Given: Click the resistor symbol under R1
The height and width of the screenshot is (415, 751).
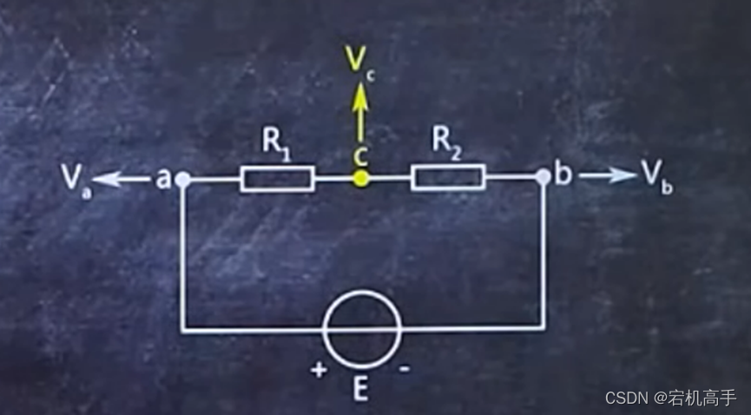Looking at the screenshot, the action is [x=277, y=179].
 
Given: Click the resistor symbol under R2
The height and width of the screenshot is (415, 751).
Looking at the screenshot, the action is [x=448, y=178].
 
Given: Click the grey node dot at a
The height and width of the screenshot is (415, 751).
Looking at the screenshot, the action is [x=182, y=179].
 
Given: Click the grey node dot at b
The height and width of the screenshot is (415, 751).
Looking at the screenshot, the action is [x=543, y=177].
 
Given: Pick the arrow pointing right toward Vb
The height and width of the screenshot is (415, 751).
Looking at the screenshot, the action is [x=608, y=175].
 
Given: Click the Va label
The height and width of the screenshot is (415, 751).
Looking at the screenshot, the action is [x=75, y=179].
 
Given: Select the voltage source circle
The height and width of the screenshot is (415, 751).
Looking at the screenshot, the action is [x=362, y=328].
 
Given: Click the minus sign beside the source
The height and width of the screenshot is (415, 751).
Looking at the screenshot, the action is [x=405, y=368].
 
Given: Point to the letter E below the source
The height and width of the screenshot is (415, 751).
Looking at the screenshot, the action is [x=360, y=388].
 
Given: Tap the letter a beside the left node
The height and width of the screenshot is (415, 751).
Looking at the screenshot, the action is [x=162, y=179].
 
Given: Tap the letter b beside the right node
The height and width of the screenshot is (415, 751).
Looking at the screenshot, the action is [x=563, y=175].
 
